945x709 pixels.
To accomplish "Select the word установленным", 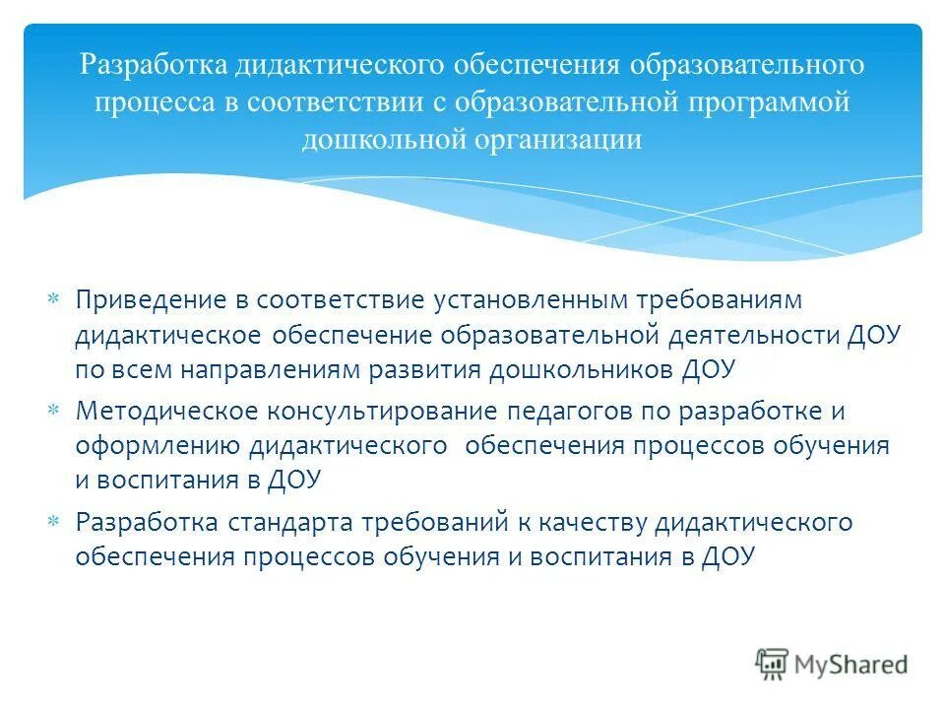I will (x=554, y=298).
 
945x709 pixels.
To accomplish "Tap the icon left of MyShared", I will (x=773, y=663).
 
